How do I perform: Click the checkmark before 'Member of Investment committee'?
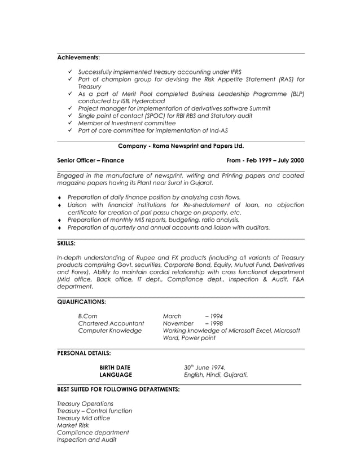pyautogui.click(x=69, y=123)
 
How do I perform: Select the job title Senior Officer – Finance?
pyautogui.click(x=91, y=160)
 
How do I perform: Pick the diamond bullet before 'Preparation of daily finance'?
pyautogui.click(x=60, y=197)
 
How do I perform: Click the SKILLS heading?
pyautogui.click(x=67, y=243)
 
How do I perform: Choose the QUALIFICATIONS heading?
pyautogui.click(x=82, y=302)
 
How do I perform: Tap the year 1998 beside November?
pyautogui.click(x=216, y=323)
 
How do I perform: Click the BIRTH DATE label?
pyautogui.click(x=115, y=367)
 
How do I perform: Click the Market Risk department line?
pyautogui.click(x=73, y=425)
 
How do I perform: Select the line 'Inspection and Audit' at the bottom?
pyautogui.click(x=87, y=440)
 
